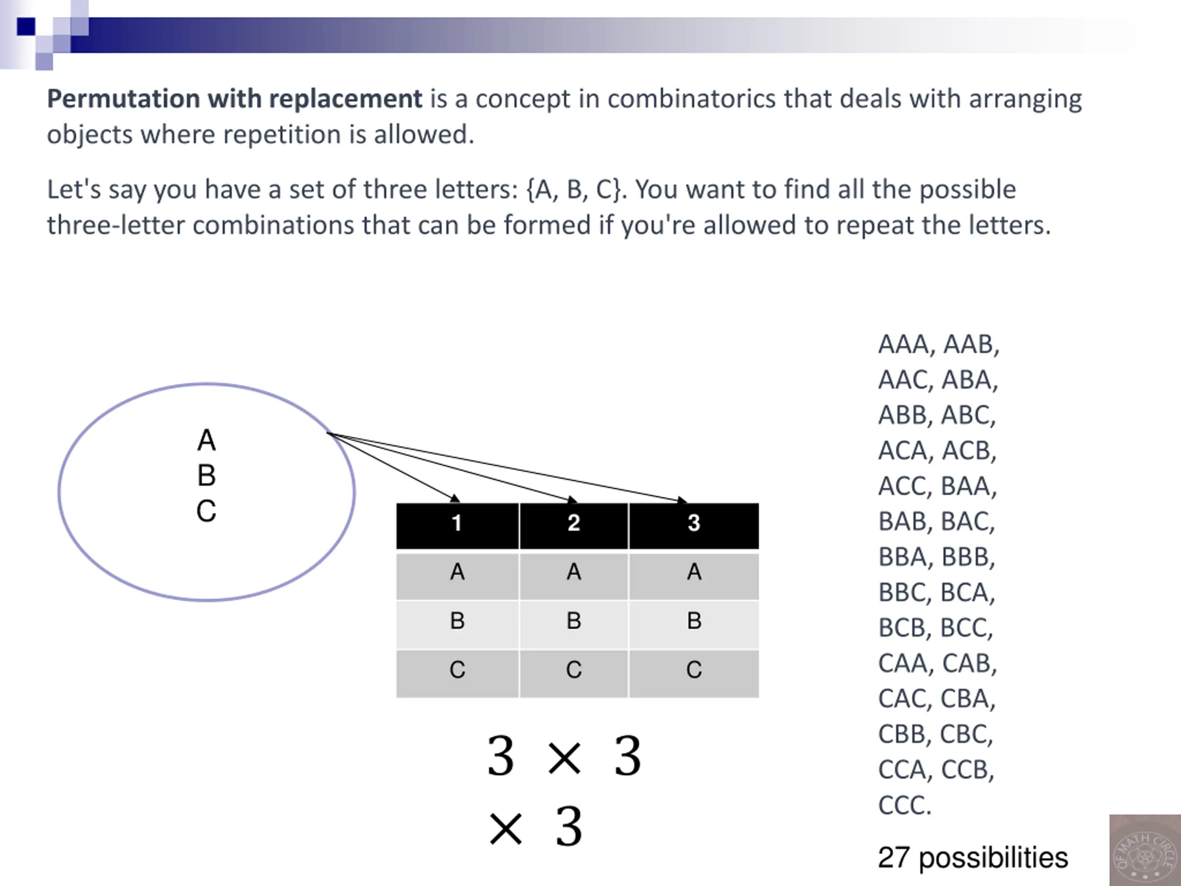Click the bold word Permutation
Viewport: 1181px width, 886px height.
[123, 99]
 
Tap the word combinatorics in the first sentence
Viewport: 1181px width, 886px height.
[692, 99]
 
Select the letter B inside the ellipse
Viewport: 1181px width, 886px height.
[207, 475]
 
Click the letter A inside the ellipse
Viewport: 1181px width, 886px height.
[207, 441]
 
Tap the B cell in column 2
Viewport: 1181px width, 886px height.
[574, 621]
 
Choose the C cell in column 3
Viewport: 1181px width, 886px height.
[693, 670]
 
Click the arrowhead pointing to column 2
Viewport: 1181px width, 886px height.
[573, 500]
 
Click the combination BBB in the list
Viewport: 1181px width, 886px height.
[967, 557]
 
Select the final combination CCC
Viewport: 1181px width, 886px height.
[903, 805]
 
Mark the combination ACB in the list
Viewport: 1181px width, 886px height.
[968, 451]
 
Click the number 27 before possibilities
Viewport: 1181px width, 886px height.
[894, 858]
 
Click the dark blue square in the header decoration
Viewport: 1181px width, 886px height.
[26, 26]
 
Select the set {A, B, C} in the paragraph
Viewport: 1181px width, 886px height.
[574, 190]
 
